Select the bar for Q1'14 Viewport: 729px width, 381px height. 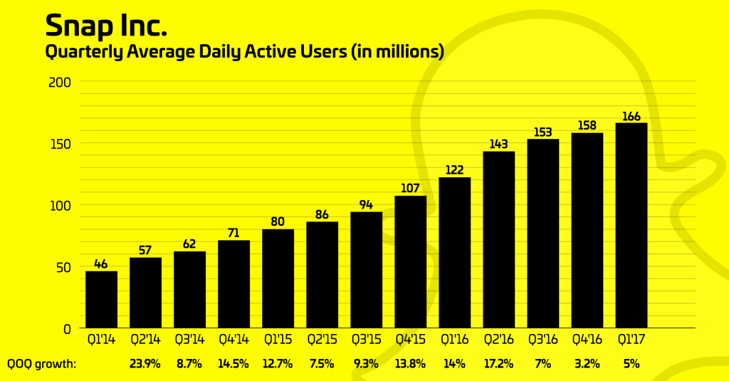[101, 299]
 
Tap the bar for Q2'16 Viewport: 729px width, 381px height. [498, 239]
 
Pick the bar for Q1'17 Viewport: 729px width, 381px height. [631, 225]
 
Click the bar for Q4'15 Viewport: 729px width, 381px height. [410, 261]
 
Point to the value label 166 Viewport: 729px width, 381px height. [631, 116]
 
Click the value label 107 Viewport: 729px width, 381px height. [410, 189]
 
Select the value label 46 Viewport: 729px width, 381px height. [101, 264]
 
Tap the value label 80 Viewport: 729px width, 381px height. [278, 221]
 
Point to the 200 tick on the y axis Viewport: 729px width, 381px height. [60, 82]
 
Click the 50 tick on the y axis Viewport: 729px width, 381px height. [63, 267]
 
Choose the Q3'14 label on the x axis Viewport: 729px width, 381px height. [189, 340]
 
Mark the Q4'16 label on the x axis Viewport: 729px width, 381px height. [587, 340]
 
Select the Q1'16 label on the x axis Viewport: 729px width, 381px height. [454, 340]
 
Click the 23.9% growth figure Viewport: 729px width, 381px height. [145, 364]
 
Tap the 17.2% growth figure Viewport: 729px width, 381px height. [498, 364]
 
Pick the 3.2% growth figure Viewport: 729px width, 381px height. [587, 364]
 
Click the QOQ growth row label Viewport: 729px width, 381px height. [42, 364]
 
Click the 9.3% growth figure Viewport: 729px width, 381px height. [366, 364]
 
